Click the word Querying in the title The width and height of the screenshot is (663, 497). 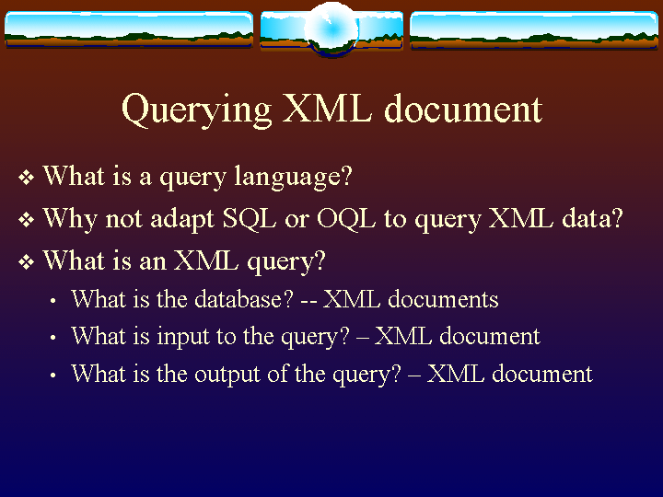click(197, 110)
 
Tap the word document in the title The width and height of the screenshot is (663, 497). click(463, 109)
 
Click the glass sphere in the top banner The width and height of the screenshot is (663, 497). click(331, 29)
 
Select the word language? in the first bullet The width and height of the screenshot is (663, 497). click(293, 177)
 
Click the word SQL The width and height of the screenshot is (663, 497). click(249, 219)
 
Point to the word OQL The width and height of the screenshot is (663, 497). click(346, 219)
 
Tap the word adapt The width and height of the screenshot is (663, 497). click(182, 220)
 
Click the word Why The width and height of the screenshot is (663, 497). click(70, 220)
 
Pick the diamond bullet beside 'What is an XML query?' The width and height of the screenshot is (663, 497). click(26, 262)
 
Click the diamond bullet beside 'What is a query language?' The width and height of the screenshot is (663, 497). click(26, 178)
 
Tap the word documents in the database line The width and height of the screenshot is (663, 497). click(443, 299)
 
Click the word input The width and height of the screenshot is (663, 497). click(183, 337)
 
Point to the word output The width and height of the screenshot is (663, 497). click(227, 375)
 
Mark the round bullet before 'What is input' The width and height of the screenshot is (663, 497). click(52, 338)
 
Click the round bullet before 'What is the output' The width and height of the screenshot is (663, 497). click(52, 376)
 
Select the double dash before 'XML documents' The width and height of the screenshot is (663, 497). click(308, 302)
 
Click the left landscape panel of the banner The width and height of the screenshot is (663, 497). click(129, 29)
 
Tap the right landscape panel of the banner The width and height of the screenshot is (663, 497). click(534, 30)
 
